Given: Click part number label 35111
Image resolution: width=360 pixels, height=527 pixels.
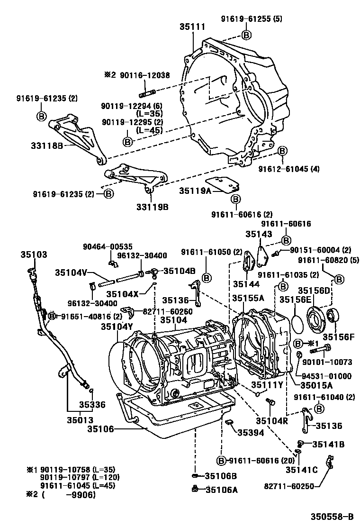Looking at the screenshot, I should coord(192,27).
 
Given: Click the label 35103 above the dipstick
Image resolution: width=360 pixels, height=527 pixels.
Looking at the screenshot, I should coord(34,254).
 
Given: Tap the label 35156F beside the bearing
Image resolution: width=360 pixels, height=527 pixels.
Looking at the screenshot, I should coord(338,337).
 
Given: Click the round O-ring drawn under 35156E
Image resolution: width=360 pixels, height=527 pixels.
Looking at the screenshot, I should coord(298,324).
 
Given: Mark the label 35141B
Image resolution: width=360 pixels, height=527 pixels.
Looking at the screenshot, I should coord(328,444).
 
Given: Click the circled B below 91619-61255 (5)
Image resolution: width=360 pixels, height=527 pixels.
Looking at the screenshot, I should coord(246,35).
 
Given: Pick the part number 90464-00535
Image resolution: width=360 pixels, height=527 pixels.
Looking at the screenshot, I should coord(108,246).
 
